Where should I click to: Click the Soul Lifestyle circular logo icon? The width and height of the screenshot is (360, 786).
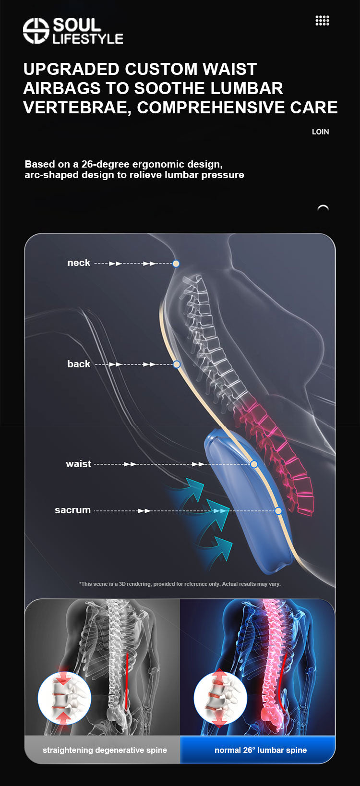pyautogui.click(x=36, y=31)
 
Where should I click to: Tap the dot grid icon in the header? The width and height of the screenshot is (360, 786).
pyautogui.click(x=322, y=21)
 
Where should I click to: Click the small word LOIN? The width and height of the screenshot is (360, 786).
pyautogui.click(x=320, y=132)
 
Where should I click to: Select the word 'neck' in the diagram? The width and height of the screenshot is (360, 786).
pyautogui.click(x=79, y=263)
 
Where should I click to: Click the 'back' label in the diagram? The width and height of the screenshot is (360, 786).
pyautogui.click(x=79, y=364)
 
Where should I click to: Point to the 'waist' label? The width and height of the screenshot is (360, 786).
pyautogui.click(x=78, y=464)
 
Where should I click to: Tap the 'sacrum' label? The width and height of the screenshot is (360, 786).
pyautogui.click(x=72, y=510)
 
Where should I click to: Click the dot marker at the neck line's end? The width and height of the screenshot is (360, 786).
pyautogui.click(x=176, y=264)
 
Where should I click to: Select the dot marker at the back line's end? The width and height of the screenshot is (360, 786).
pyautogui.click(x=177, y=364)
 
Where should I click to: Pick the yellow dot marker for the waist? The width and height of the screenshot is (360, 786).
pyautogui.click(x=254, y=464)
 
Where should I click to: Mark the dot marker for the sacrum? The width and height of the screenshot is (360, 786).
pyautogui.click(x=278, y=511)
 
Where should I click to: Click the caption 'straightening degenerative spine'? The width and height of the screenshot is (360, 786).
pyautogui.click(x=105, y=750)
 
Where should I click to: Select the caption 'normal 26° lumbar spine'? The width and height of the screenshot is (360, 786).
pyautogui.click(x=261, y=750)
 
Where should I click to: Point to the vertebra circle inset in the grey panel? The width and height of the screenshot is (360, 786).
pyautogui.click(x=64, y=698)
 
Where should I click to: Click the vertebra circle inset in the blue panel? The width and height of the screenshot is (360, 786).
pyautogui.click(x=220, y=698)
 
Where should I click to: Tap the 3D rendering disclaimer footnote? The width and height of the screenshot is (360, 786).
pyautogui.click(x=180, y=584)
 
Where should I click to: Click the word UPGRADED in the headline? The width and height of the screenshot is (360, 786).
pyautogui.click(x=71, y=69)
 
